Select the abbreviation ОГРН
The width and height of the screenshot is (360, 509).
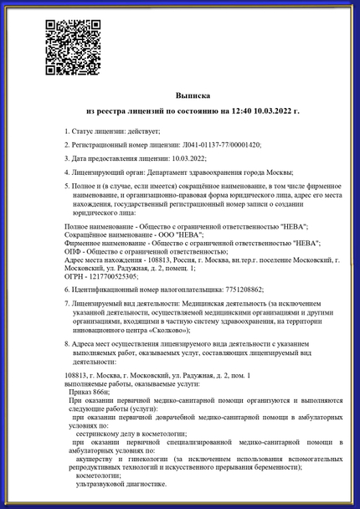74,275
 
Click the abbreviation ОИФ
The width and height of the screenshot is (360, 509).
73,250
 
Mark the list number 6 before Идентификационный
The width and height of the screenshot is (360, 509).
67,289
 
